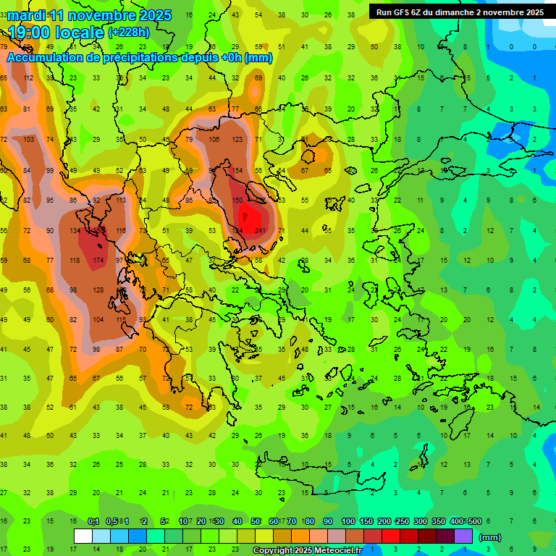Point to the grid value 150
(x=237, y=200)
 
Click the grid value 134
(x=75, y=231)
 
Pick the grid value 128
(x=98, y=290)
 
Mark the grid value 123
(x=237, y=139)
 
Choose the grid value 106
(x=214, y=139)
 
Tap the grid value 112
(x=28, y=78)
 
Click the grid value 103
(x=28, y=139)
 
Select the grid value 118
(x=75, y=260)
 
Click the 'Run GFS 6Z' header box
(x=460, y=12)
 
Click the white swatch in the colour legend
(x=83, y=536)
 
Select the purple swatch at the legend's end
(x=463, y=536)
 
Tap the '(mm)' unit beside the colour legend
(x=490, y=537)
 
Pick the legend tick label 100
(x=348, y=522)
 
